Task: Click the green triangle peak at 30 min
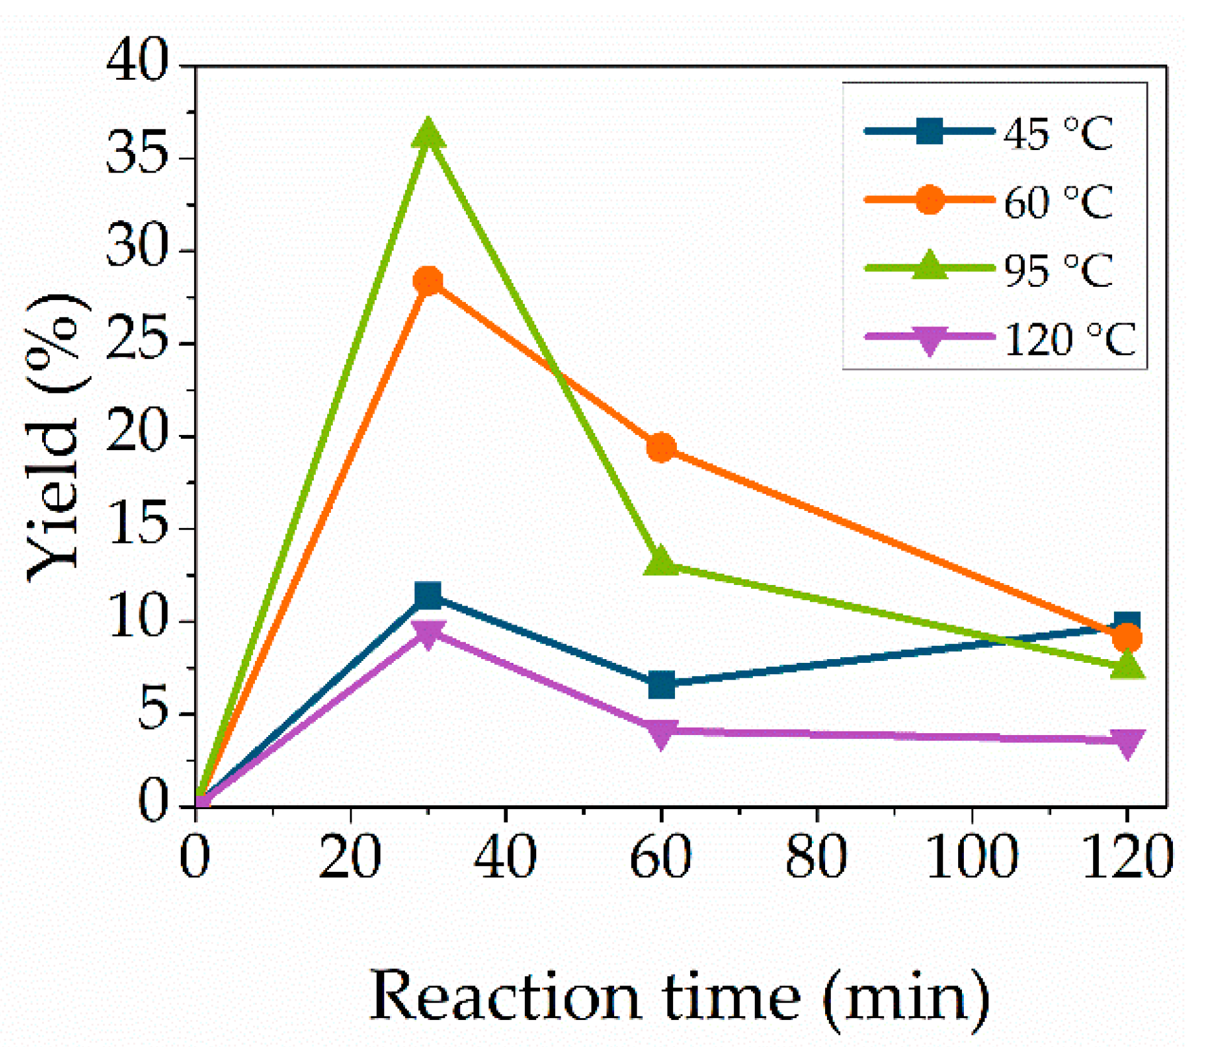(429, 134)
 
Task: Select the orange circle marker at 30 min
(429, 281)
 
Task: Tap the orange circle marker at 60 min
(661, 448)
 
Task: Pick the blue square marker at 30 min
(429, 595)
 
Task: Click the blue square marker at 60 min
(661, 685)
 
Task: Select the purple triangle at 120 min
(1127, 742)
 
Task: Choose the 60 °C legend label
(1058, 201)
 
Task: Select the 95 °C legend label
(1058, 270)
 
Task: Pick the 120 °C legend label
(1069, 339)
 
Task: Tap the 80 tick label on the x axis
(816, 856)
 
